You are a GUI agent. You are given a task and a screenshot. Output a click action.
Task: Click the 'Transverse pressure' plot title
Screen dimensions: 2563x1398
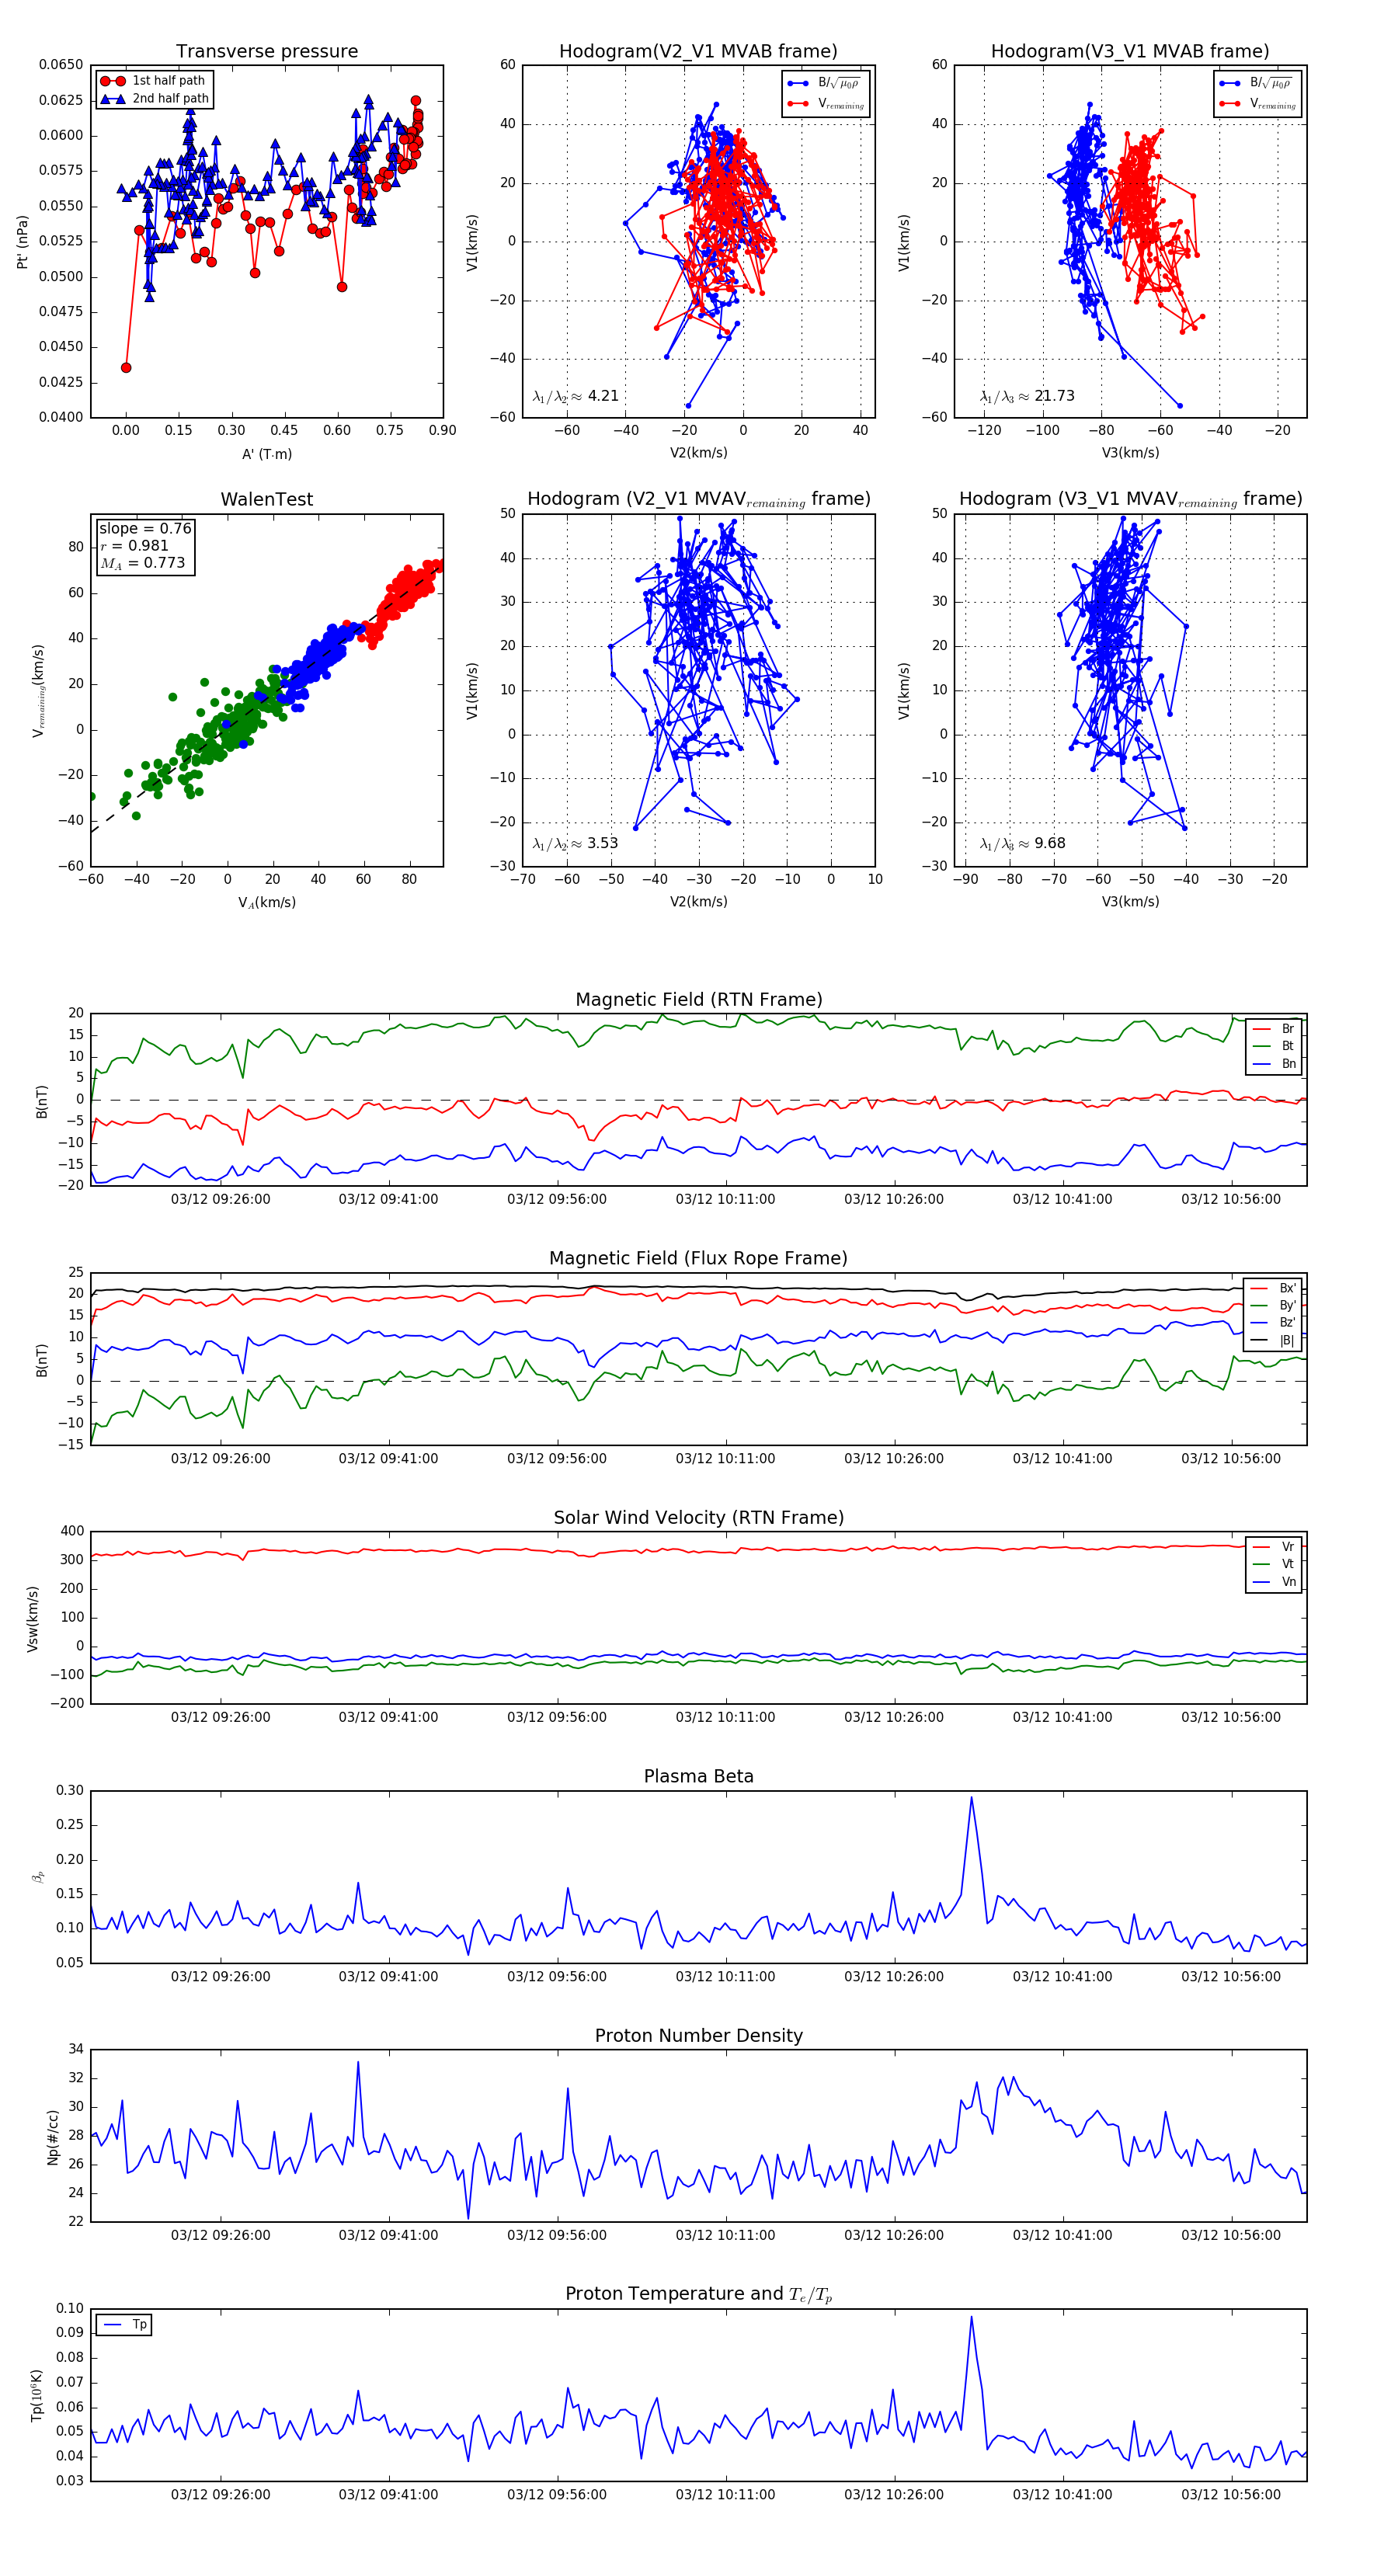pyautogui.click(x=266, y=52)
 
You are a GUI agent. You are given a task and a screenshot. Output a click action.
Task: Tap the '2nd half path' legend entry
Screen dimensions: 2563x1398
pyautogui.click(x=170, y=99)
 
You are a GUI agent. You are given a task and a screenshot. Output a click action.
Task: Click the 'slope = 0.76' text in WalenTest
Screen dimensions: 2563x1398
pyautogui.click(x=144, y=528)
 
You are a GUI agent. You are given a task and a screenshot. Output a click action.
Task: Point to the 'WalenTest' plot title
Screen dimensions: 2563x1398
pyautogui.click(x=266, y=499)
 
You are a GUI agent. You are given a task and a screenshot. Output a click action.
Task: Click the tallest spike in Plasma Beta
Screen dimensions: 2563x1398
pyautogui.click(x=971, y=1798)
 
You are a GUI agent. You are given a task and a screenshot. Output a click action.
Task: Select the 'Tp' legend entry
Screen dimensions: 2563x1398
pyautogui.click(x=139, y=2325)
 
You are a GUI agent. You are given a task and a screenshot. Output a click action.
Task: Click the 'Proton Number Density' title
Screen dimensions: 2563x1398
pyautogui.click(x=698, y=2036)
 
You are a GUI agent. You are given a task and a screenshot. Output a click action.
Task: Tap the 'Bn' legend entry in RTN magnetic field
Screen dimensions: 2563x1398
pyautogui.click(x=1288, y=1063)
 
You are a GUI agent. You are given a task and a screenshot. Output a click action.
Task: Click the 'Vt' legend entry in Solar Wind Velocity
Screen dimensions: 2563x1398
pyautogui.click(x=1288, y=1564)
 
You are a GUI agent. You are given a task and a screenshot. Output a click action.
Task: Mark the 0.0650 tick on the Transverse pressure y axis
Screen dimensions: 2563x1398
pyautogui.click(x=61, y=64)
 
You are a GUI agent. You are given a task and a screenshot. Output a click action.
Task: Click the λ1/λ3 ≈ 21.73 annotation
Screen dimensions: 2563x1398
pyautogui.click(x=1027, y=396)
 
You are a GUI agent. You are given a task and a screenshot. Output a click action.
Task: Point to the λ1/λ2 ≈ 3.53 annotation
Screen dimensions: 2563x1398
pyautogui.click(x=575, y=843)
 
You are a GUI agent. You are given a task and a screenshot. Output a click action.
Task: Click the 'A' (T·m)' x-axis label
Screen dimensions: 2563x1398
pyautogui.click(x=266, y=454)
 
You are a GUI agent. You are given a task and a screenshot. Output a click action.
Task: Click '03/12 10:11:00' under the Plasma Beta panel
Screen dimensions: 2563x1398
pyautogui.click(x=725, y=1977)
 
